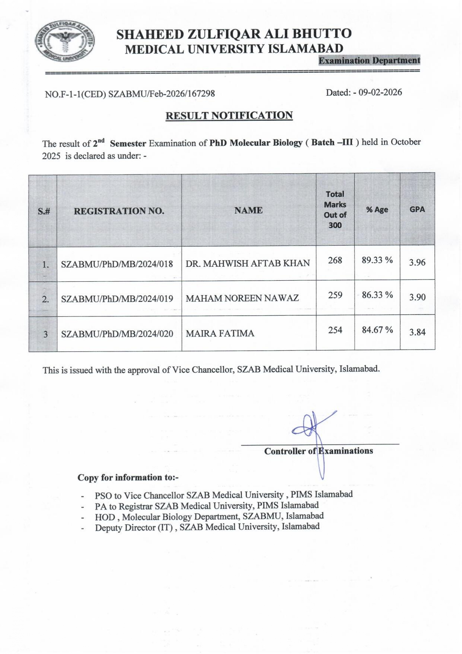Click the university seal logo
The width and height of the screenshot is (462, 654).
coord(65,41)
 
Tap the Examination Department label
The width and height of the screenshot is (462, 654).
coord(369,60)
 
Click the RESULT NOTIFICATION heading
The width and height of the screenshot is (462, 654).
coord(229,116)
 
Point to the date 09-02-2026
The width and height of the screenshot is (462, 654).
coord(380,92)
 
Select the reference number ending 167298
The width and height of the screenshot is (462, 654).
coord(130,94)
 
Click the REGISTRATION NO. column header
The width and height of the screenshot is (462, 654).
coord(119,211)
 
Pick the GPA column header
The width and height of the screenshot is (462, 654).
coord(417,209)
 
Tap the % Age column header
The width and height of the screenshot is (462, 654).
coord(377,210)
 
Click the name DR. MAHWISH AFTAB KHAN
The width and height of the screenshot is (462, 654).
coord(248,263)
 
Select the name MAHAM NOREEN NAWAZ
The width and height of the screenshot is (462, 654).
coord(242,298)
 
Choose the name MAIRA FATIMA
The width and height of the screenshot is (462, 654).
coord(220,334)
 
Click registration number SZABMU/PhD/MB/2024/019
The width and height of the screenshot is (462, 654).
coord(117,299)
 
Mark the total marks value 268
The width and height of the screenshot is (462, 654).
coord(335,260)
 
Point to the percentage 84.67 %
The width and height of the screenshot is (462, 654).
coord(377,330)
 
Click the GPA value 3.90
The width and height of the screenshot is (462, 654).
coord(417,297)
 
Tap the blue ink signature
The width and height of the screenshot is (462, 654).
coord(313,432)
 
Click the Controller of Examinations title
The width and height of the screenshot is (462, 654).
coord(319,451)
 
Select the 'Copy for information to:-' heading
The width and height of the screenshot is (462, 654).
coord(128,478)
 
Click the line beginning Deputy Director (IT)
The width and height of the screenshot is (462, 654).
coord(207,527)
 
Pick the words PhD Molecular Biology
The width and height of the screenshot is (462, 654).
coord(256,143)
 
